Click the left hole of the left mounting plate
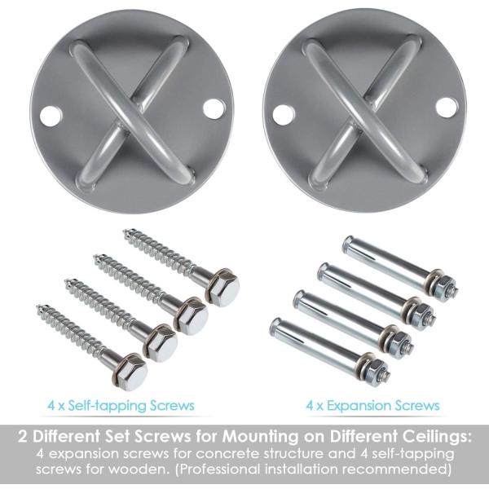point(51,117)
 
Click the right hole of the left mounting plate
point(214,109)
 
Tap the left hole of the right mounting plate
point(284,114)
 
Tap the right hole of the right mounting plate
point(447,108)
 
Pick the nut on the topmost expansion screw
point(445,287)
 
